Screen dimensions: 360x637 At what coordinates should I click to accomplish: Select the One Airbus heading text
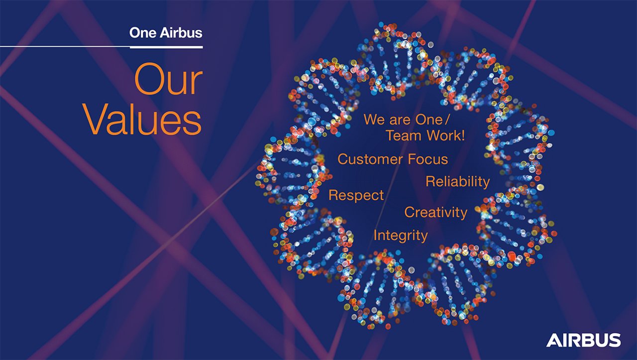(x=166, y=33)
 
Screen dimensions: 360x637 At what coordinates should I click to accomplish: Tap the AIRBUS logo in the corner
(x=583, y=340)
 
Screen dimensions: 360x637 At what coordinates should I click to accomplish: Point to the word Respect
(x=356, y=195)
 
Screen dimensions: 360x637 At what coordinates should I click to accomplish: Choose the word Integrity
(x=400, y=236)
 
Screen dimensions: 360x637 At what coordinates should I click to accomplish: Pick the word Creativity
(x=435, y=212)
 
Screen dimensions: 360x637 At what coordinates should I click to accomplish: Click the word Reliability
(x=457, y=182)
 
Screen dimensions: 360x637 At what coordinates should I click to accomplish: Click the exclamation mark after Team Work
(x=463, y=135)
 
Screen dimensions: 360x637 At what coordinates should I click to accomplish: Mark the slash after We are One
(x=448, y=120)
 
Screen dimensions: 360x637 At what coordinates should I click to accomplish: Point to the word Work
(x=442, y=135)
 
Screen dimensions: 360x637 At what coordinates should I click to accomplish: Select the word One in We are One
(x=429, y=120)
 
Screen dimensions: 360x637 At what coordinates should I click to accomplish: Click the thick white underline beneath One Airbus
(x=166, y=47)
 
